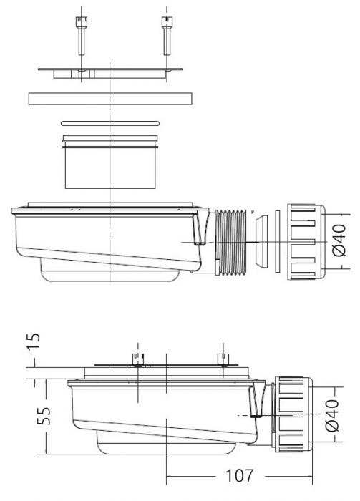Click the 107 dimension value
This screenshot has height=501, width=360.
coord(239,476)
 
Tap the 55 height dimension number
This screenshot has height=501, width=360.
coord(44,416)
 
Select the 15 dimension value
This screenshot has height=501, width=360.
coord(34,341)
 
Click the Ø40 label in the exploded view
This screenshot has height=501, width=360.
coord(339,240)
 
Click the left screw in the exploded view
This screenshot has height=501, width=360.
coord(81,36)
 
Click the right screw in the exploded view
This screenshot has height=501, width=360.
coord(167,36)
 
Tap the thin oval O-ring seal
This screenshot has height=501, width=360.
coord(110,123)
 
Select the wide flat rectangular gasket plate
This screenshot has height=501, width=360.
coord(110,99)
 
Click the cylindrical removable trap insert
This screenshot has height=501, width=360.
coord(110,162)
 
